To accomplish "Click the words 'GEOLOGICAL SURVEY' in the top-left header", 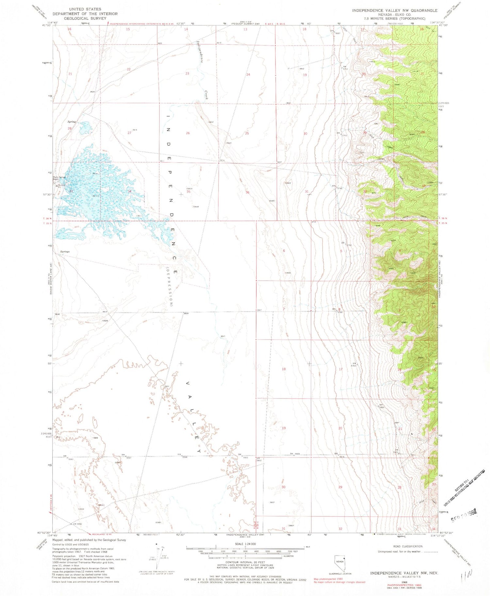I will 85,19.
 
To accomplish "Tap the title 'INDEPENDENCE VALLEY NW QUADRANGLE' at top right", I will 395,10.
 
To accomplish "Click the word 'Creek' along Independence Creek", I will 207,95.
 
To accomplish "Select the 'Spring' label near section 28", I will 72,122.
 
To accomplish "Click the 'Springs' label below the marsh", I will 65,252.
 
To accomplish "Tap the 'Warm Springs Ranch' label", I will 59,179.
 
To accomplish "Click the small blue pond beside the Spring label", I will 85,128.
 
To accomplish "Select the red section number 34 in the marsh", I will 130,191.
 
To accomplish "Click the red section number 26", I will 188,133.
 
